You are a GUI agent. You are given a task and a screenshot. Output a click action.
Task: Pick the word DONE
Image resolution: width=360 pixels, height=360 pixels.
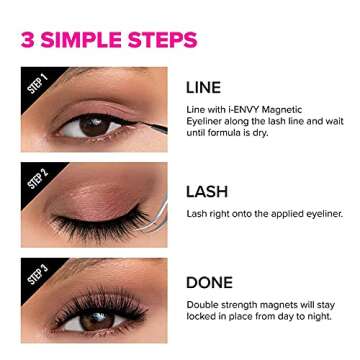click(214, 282)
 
